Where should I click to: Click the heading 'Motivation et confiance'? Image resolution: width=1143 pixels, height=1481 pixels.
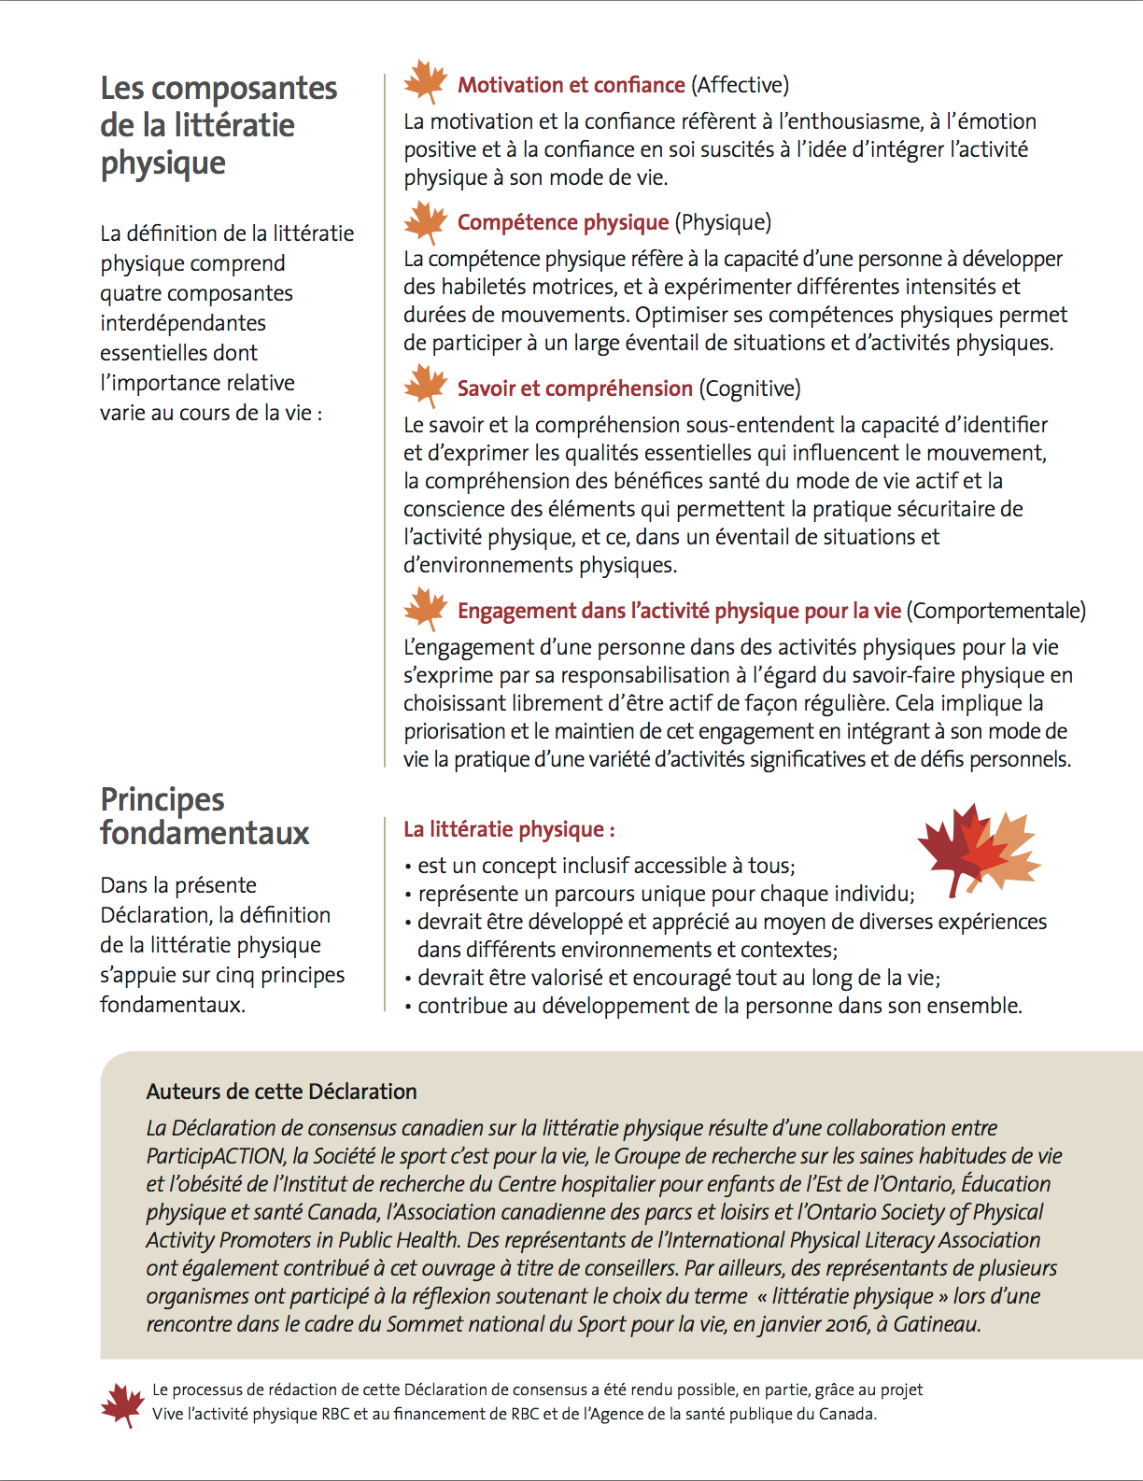[x=571, y=85]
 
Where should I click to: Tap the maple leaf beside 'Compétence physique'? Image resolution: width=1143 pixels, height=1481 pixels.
[x=426, y=222]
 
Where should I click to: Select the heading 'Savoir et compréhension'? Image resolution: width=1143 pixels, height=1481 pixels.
[x=574, y=388]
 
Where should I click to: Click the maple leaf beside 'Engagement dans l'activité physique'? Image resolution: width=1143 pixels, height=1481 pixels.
[x=426, y=609]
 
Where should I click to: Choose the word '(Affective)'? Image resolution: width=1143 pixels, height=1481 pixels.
[x=740, y=85]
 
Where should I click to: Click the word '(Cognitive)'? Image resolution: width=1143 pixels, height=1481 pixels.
[x=750, y=388]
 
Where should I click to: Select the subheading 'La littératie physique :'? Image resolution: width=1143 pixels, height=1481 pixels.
[x=509, y=829]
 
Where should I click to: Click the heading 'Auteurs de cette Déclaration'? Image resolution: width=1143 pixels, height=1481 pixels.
[x=281, y=1092]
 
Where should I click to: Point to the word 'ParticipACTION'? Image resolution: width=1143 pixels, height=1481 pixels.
[x=216, y=1156]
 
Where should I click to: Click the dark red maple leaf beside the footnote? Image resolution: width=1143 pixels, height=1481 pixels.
[x=122, y=1403]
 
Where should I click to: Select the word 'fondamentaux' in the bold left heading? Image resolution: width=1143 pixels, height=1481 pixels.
[x=205, y=832]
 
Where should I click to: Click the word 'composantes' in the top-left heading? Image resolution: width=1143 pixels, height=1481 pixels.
[x=244, y=88]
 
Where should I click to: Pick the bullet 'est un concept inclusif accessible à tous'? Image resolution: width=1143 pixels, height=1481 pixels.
[x=606, y=866]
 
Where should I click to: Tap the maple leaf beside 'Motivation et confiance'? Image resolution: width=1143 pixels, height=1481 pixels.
[x=426, y=82]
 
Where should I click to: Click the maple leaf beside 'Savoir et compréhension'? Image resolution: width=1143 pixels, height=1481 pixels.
[x=426, y=386]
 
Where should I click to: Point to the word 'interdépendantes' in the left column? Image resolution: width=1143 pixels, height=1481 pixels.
[x=183, y=323]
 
